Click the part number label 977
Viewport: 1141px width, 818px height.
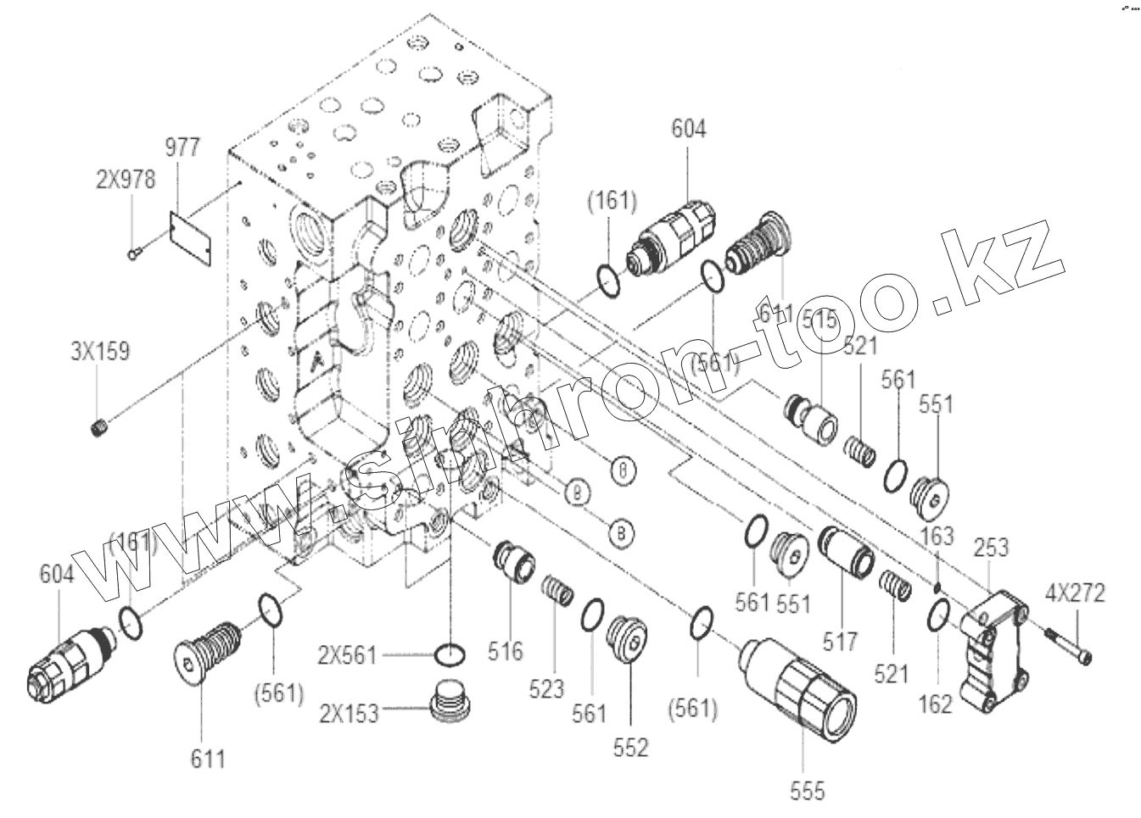182,147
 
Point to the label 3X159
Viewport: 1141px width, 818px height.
100,351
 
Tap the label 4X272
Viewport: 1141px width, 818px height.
1074,593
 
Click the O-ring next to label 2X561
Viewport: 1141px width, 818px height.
449,654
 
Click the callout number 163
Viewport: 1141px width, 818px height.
937,536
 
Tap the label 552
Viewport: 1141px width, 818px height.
631,748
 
